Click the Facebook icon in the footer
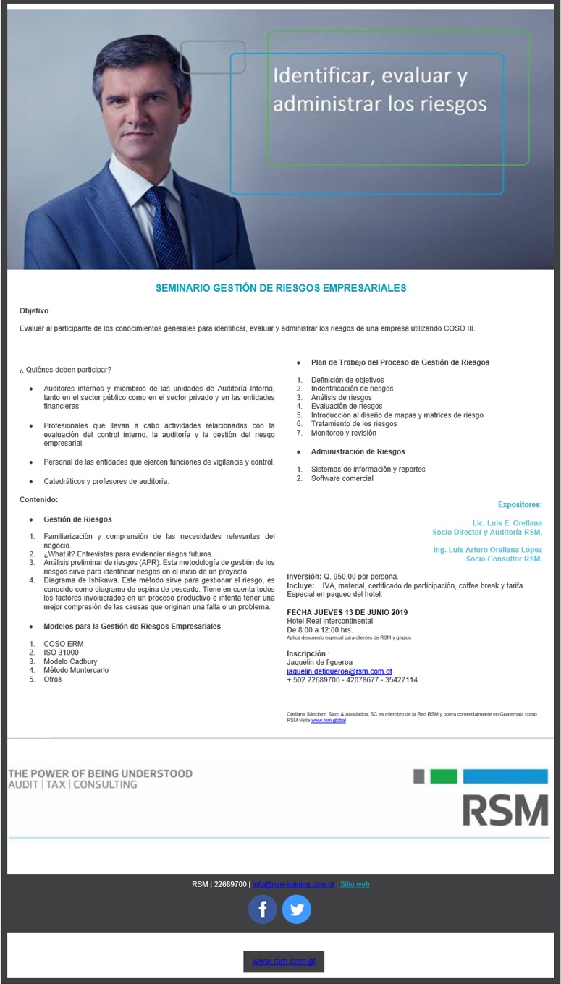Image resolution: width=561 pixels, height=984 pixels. pyautogui.click(x=262, y=909)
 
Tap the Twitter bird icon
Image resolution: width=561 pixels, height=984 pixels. pyautogui.click(x=296, y=909)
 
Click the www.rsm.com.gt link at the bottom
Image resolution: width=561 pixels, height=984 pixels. pyautogui.click(x=284, y=962)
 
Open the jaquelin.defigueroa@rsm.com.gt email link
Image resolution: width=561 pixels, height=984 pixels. pyautogui.click(x=339, y=671)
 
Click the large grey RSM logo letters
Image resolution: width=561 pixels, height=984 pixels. pyautogui.click(x=505, y=810)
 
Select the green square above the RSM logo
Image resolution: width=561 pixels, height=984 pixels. pyautogui.click(x=443, y=776)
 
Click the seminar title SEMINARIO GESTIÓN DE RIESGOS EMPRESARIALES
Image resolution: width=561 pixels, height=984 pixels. pyautogui.click(x=281, y=288)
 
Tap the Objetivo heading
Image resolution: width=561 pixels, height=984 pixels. pyautogui.click(x=34, y=310)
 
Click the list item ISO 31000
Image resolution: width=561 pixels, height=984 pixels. pyautogui.click(x=61, y=653)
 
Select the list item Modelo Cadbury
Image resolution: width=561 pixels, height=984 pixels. pyautogui.click(x=70, y=661)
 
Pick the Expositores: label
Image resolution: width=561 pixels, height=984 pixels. pyautogui.click(x=519, y=504)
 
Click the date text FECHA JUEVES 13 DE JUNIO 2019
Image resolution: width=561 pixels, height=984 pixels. pyautogui.click(x=347, y=612)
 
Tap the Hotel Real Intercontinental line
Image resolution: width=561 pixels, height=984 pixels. pyautogui.click(x=329, y=621)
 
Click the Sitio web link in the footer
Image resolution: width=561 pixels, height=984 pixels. pyautogui.click(x=355, y=884)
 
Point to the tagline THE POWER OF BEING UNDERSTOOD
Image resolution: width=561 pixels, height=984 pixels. pyautogui.click(x=101, y=773)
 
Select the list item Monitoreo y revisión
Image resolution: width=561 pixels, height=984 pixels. pyautogui.click(x=343, y=433)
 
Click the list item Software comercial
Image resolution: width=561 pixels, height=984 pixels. pyautogui.click(x=342, y=478)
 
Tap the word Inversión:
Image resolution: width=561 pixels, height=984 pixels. pyautogui.click(x=304, y=576)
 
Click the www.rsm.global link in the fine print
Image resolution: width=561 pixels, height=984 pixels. pyautogui.click(x=328, y=720)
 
